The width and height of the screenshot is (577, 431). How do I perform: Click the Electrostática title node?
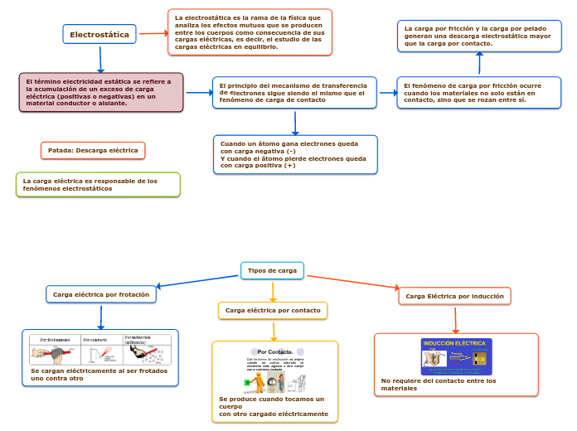99,34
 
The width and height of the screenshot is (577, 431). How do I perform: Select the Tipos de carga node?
272,270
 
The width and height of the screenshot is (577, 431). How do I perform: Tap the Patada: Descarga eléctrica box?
93,150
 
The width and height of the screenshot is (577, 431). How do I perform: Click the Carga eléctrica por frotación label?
101,294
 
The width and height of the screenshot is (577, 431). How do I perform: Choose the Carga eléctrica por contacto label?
273,310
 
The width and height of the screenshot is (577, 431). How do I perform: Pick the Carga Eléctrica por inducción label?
454,296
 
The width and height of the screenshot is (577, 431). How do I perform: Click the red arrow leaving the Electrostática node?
153,34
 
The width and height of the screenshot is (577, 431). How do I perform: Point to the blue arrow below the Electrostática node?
100,59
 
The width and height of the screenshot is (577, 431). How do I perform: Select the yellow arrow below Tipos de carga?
273,290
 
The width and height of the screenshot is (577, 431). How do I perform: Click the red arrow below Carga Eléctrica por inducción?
455,319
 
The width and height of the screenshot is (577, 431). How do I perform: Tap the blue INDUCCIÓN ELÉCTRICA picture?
456,356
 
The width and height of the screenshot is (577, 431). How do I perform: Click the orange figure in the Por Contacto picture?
259,381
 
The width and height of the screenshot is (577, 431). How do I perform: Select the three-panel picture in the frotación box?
100,349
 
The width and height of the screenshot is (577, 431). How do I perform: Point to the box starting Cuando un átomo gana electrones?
294,154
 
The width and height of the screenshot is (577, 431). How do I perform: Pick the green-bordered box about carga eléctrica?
98,184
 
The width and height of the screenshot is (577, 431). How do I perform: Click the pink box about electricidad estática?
101,92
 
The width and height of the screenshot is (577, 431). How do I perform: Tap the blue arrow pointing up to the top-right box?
479,64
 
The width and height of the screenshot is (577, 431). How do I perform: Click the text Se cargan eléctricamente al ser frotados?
99,375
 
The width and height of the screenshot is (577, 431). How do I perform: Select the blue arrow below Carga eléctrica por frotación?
101,317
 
